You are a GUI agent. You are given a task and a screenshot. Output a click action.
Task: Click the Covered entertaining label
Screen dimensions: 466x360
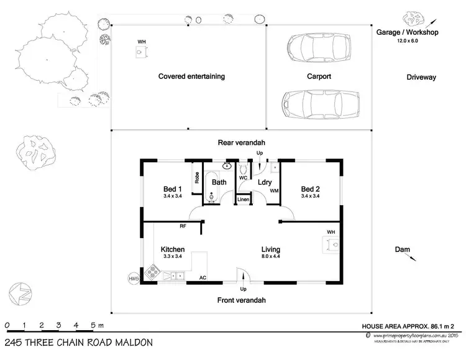[191, 77]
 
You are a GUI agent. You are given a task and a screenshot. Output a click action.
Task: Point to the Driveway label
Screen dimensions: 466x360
[422, 78]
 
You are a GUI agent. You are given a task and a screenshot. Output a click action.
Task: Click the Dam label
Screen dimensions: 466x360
[402, 249]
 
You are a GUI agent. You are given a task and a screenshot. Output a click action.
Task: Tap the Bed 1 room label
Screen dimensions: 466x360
[173, 189]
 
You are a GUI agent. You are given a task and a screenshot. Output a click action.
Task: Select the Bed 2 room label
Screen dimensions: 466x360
[310, 189]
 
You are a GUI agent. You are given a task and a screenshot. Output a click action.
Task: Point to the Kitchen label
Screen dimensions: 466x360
[173, 249]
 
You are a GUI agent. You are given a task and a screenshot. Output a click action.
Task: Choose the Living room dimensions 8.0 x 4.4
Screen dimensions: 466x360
[272, 256]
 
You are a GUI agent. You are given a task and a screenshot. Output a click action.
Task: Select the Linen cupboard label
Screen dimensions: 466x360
[243, 200]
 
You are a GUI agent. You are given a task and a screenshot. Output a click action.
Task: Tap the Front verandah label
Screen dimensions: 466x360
[241, 300]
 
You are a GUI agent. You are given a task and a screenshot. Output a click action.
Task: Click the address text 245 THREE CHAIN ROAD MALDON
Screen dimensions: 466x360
[78, 343]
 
